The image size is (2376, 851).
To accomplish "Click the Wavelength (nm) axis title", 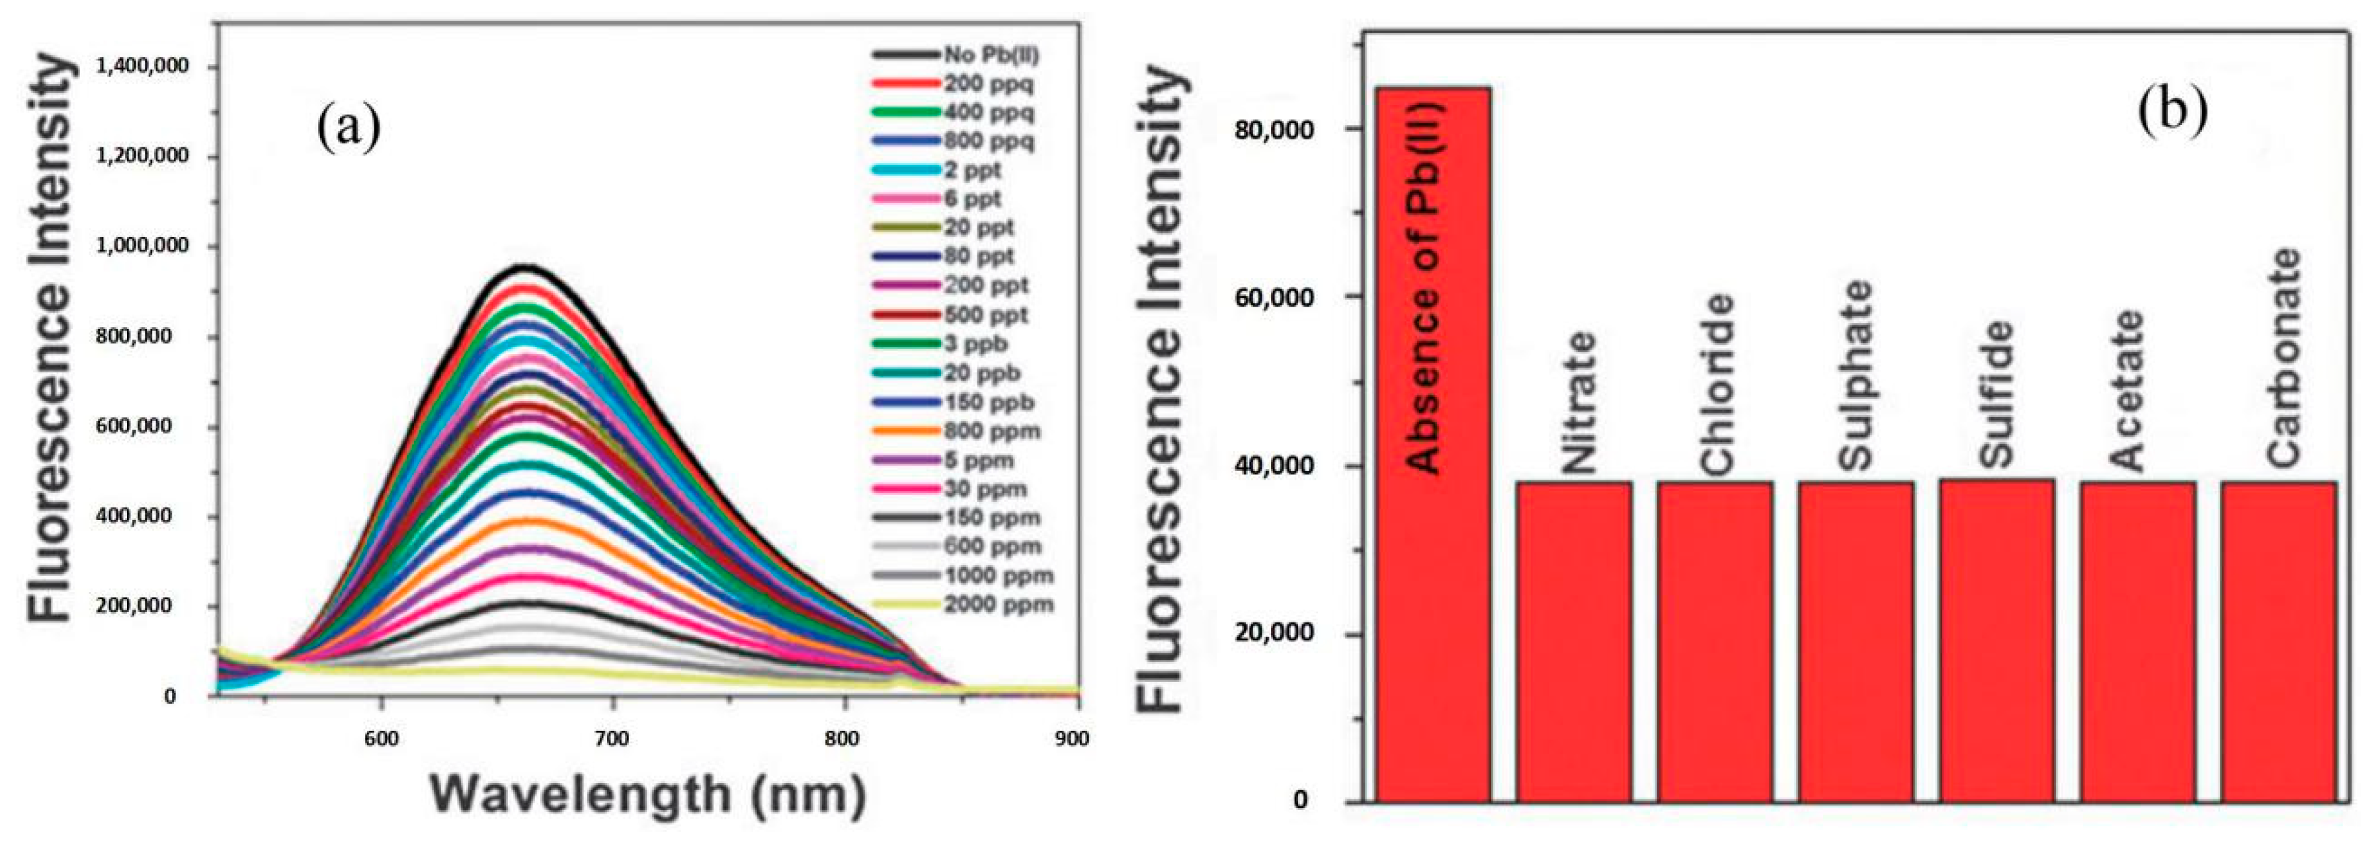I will click(x=649, y=794).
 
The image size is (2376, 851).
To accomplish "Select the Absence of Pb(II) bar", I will click(x=1434, y=443).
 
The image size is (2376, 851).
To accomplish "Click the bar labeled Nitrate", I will click(x=1574, y=641).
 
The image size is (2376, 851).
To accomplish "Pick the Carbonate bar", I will click(x=2278, y=641).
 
